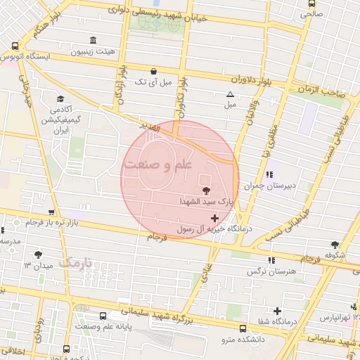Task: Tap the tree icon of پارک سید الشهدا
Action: (205, 191)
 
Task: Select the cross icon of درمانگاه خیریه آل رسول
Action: (214, 219)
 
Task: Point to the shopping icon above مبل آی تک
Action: (154, 71)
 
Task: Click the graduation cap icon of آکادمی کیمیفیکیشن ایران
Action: (60, 98)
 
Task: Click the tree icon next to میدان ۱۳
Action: (37, 255)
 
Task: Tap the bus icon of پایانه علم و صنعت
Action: (103, 316)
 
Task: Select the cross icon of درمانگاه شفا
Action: (277, 311)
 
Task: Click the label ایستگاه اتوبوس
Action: (25, 56)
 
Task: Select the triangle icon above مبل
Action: (230, 94)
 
